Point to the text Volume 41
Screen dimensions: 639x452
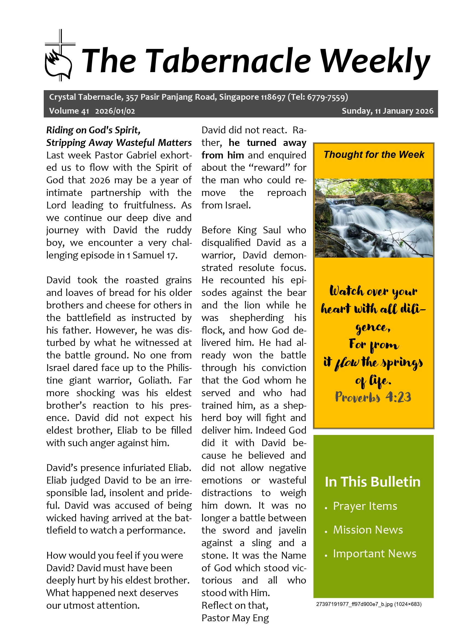click(x=69, y=111)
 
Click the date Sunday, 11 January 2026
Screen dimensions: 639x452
click(x=388, y=111)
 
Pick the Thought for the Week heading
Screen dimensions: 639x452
click(x=374, y=154)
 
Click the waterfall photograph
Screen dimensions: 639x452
click(x=374, y=218)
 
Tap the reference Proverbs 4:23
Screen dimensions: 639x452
click(x=373, y=397)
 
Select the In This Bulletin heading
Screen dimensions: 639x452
click(x=372, y=482)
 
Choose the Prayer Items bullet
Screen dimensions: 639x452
click(x=365, y=506)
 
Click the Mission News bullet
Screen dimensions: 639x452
click(x=368, y=530)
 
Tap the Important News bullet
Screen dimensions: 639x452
click(x=374, y=553)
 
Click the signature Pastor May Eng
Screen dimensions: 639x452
click(x=235, y=618)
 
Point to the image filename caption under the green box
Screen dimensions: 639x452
click(x=368, y=604)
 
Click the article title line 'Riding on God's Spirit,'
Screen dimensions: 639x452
click(x=93, y=130)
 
